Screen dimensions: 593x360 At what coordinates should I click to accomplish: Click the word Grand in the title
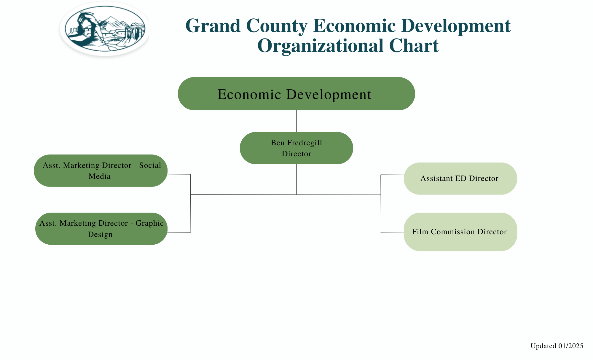coord(213,26)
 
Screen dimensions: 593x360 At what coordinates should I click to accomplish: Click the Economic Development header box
coord(296,94)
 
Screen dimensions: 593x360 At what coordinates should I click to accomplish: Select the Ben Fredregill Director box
coord(296,148)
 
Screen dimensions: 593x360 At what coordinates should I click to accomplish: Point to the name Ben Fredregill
coord(296,143)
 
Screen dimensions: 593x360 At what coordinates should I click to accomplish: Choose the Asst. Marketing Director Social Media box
coord(101,171)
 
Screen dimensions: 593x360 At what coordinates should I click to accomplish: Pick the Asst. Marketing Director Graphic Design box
coord(101,229)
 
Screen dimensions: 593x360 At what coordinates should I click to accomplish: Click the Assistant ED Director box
coord(460,179)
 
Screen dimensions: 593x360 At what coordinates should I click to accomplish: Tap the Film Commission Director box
coord(460,232)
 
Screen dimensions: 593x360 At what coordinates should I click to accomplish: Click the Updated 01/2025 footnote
coord(557,346)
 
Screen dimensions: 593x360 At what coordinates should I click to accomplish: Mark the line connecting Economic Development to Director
coord(296,121)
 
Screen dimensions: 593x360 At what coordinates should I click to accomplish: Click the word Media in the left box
coord(100,176)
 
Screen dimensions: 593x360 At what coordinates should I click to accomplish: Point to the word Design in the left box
coord(100,234)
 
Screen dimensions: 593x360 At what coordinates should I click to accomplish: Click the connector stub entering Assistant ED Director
coord(392,175)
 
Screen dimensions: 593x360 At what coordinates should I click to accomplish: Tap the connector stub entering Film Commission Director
coord(392,233)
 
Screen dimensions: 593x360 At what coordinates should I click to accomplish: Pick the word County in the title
coord(277,26)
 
